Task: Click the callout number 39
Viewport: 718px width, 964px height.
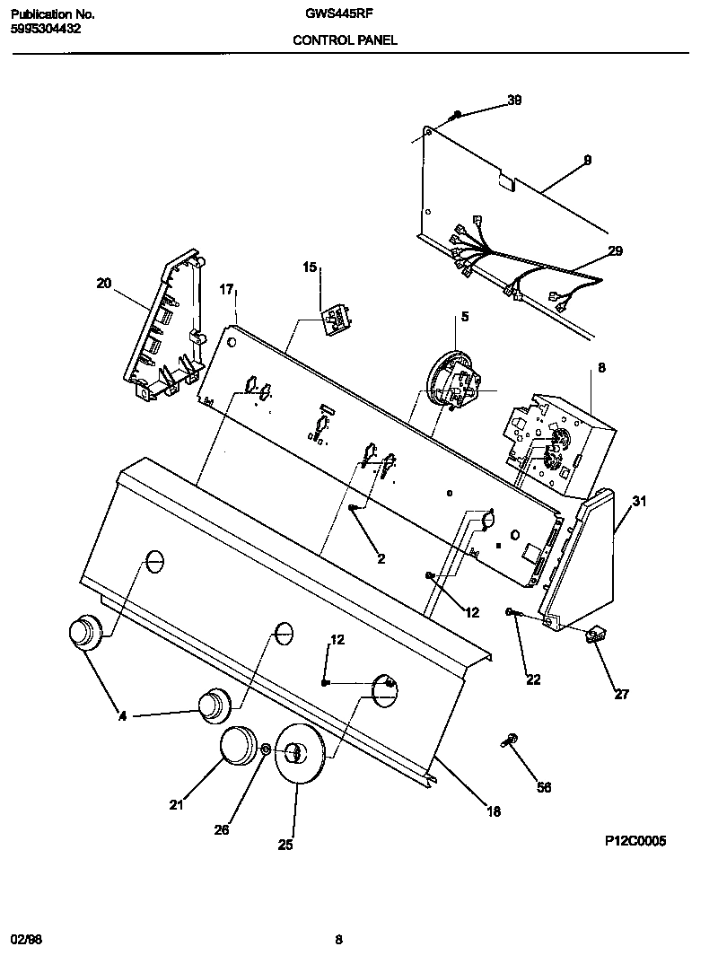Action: click(513, 101)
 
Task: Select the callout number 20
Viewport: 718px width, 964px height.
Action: click(104, 284)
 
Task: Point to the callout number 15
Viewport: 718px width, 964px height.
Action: click(310, 267)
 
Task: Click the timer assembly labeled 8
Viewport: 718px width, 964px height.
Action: click(556, 441)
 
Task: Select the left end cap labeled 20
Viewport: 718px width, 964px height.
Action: click(165, 328)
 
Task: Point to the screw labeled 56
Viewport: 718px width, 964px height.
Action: click(509, 741)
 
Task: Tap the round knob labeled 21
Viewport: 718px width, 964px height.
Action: click(238, 747)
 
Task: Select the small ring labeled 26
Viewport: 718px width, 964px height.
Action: click(267, 749)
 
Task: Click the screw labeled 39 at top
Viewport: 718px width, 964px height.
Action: click(457, 115)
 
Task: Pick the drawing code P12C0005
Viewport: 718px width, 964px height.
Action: click(635, 841)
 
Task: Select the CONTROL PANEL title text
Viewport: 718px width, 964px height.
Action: click(346, 40)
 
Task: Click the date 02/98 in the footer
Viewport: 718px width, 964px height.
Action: click(26, 940)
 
